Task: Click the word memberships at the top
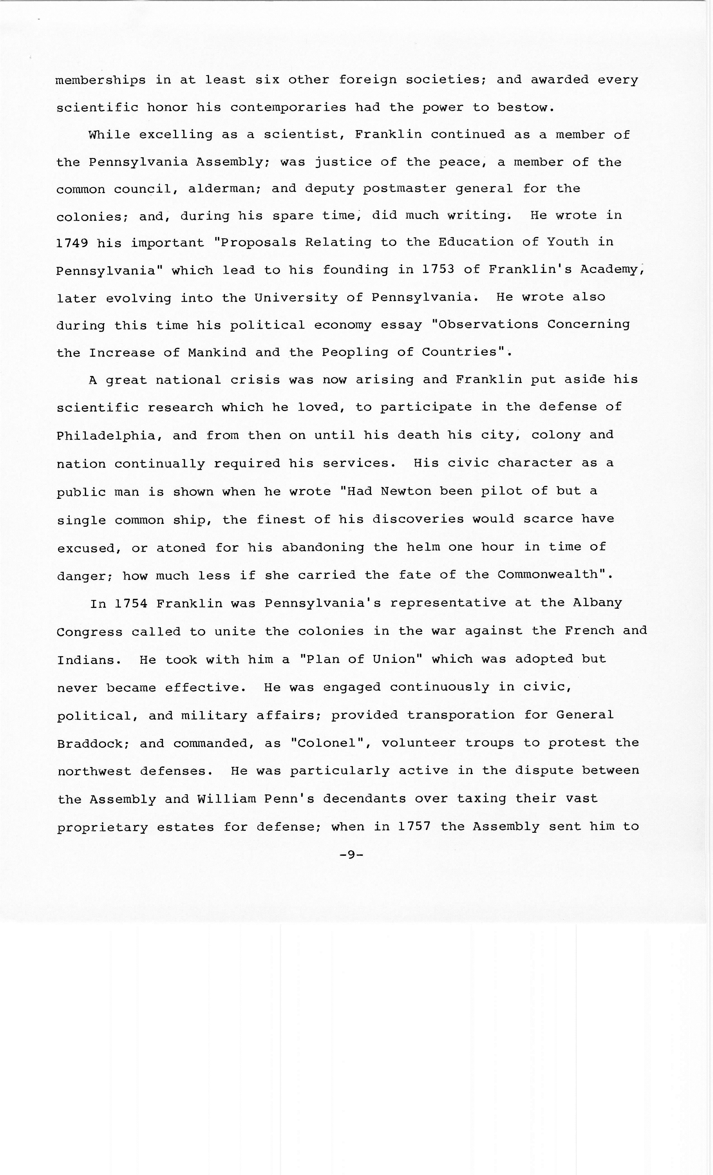pos(101,80)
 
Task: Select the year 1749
pos(72,243)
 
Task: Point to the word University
pos(296,298)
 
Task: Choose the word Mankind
pos(217,353)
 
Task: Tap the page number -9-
pos(351,855)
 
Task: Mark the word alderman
pos(223,189)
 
